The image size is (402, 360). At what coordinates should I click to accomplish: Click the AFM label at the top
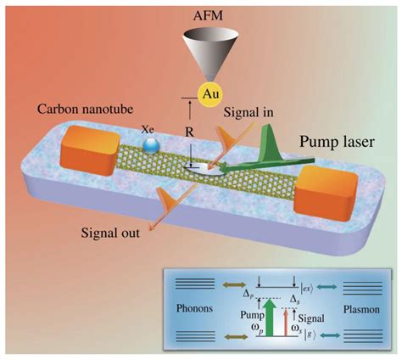(201, 11)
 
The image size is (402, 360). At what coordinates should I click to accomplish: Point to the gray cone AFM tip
(201, 50)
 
